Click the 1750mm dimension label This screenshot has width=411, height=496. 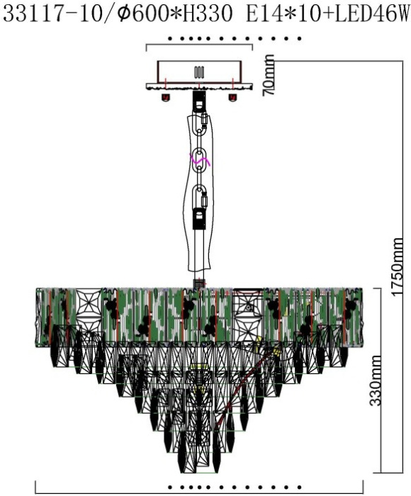[398, 267]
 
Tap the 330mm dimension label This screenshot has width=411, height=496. [376, 381]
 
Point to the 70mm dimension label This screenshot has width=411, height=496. [269, 75]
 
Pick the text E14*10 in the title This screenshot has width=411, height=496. [283, 14]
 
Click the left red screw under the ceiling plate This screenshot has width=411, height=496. [166, 98]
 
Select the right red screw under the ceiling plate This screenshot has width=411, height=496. [232, 98]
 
